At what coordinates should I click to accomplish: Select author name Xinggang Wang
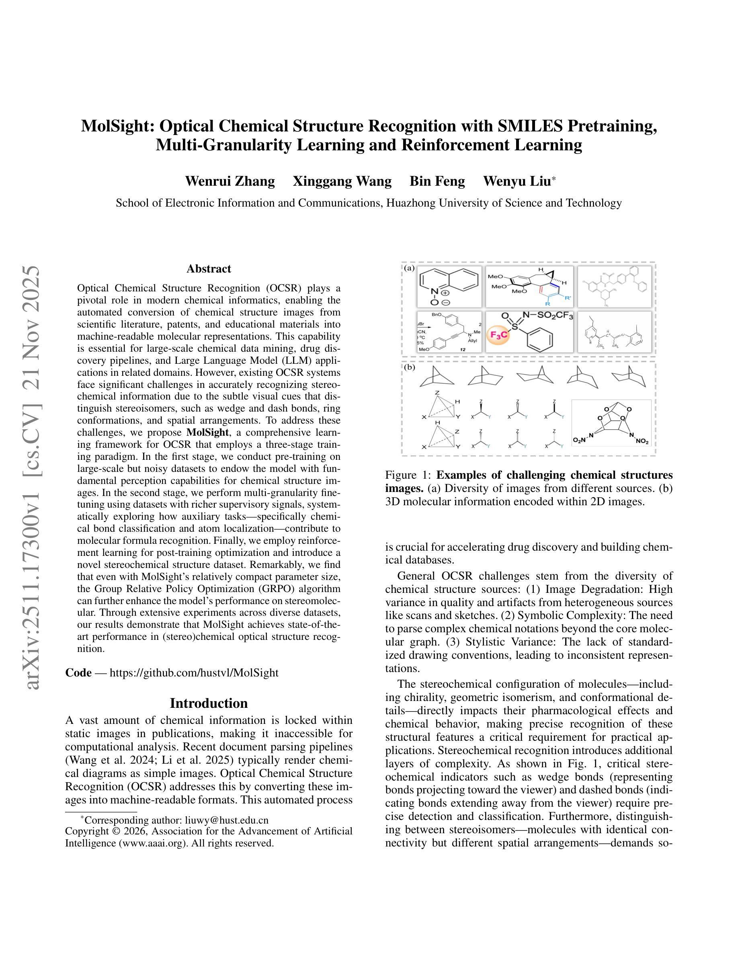coord(342,181)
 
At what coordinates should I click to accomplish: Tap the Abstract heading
coord(209,268)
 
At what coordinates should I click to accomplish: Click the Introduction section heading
coord(209,703)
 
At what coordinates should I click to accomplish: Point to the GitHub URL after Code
coord(194,672)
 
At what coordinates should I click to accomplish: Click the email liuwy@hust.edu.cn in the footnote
coord(226,820)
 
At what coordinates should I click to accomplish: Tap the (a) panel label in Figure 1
coord(409,268)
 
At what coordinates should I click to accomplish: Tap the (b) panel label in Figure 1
coord(409,367)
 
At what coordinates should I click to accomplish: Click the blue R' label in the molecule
coord(568,298)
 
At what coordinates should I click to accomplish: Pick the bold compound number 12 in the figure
coord(462,350)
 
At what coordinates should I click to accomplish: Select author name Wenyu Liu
coord(517,181)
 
